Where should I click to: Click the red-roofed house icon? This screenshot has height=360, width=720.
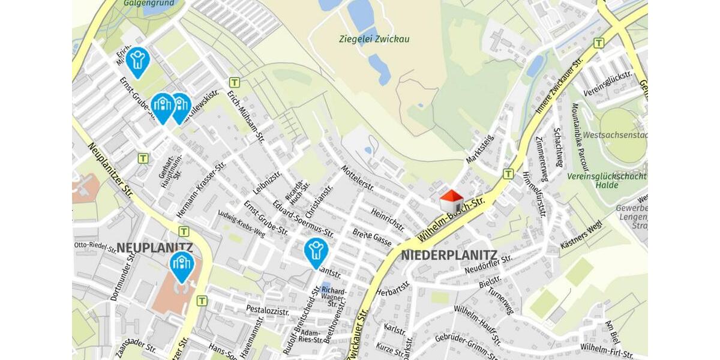(451, 201)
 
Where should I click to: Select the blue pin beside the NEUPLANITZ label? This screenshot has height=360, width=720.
(181, 266)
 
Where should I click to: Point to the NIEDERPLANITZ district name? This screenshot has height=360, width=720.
(449, 255)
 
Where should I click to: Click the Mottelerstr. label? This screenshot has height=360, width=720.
(357, 178)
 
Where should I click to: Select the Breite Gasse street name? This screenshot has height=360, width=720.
(371, 237)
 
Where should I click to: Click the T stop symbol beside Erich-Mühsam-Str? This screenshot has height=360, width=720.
(235, 83)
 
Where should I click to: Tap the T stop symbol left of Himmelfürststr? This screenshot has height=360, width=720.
(508, 173)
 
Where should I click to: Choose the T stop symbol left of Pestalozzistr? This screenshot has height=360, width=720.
(202, 301)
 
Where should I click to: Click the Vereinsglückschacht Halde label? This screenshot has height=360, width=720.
(607, 181)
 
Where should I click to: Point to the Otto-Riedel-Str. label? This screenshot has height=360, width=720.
(95, 245)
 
